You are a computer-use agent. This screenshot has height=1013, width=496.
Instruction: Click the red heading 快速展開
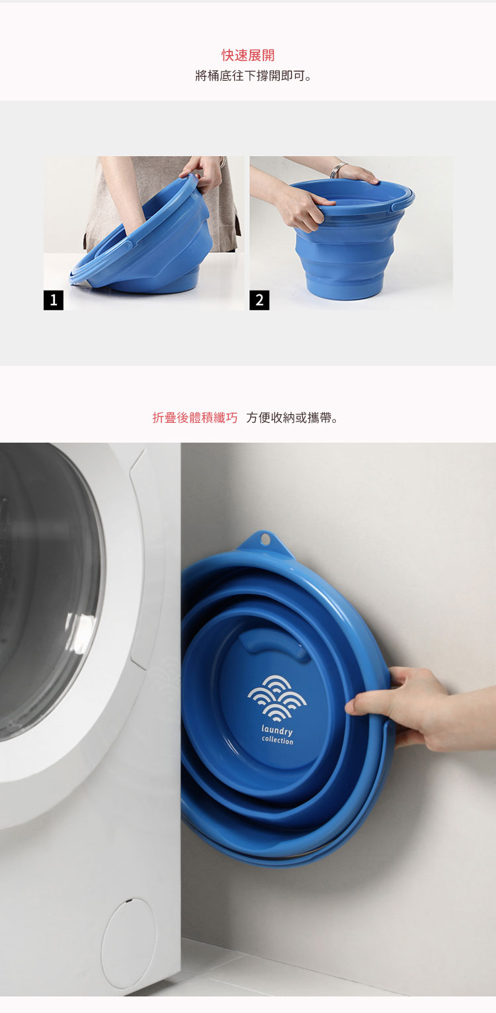click(248, 55)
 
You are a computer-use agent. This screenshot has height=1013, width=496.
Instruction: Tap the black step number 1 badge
click(54, 300)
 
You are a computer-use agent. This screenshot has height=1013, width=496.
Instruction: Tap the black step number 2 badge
click(259, 300)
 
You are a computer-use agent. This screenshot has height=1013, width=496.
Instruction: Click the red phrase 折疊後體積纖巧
click(195, 418)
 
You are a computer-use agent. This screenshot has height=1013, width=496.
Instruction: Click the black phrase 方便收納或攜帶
click(292, 418)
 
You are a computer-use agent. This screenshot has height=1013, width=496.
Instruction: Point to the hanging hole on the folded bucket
click(265, 539)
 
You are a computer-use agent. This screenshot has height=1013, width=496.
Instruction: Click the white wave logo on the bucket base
click(276, 698)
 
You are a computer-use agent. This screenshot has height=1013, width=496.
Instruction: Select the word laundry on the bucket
click(277, 730)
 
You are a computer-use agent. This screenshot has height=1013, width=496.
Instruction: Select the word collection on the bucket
click(278, 740)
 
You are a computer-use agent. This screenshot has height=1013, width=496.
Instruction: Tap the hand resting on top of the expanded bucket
click(357, 173)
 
